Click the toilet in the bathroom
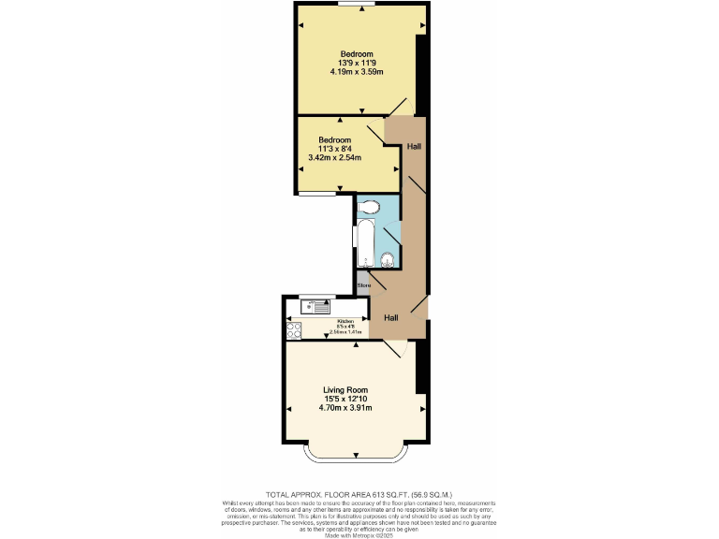click(370, 207)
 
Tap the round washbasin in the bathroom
click(387, 260)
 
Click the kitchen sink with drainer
click(315, 305)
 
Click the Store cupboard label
click(363, 284)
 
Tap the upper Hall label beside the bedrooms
click(413, 146)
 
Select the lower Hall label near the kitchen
click(390, 318)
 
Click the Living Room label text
click(345, 390)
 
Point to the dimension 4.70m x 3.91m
click(345, 408)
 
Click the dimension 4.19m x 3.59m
click(357, 71)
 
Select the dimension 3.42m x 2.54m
click(334, 158)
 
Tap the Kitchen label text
click(345, 321)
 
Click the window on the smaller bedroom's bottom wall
click(318, 195)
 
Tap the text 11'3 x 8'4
click(334, 149)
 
